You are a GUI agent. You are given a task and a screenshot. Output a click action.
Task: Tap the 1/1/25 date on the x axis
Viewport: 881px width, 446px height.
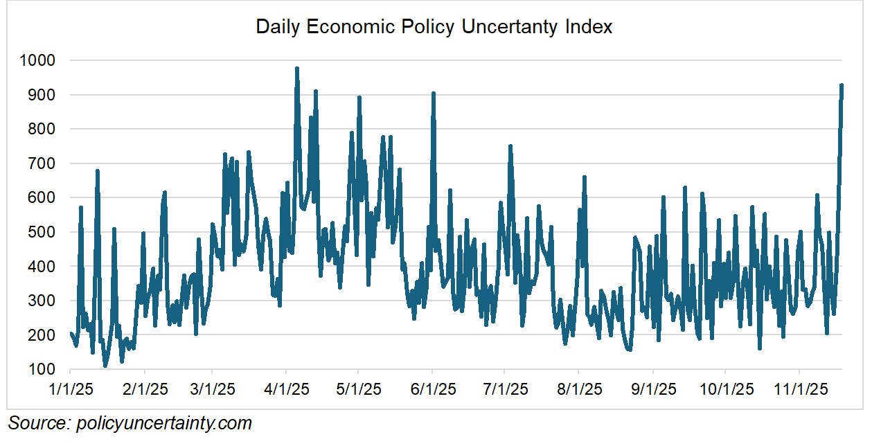71,389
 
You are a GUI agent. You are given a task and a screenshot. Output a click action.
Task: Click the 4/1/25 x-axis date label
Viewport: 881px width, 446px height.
286,389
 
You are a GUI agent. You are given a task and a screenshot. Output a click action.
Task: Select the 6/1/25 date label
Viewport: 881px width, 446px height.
433,389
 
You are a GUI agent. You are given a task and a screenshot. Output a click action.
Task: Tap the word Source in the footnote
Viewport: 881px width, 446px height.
37,423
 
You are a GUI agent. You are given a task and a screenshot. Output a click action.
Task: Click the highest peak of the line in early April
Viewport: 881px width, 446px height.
297,69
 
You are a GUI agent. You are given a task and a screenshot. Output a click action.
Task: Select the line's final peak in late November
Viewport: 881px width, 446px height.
842,85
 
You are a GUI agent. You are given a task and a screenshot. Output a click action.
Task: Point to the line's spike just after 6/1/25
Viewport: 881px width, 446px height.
433,93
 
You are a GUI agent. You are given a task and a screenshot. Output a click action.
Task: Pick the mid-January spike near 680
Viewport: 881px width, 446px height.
98,170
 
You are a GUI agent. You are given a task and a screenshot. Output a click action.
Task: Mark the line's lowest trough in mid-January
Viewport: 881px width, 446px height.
105,365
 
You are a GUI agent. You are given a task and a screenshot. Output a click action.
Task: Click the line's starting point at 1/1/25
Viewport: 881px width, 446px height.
71,334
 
